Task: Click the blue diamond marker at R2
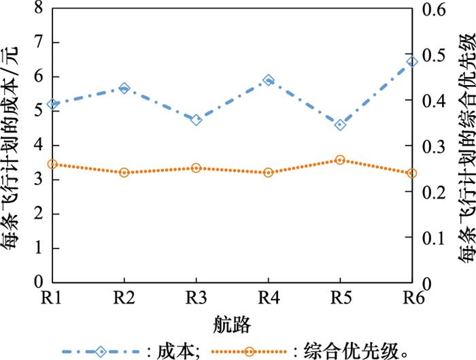(124, 88)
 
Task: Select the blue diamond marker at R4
(269, 80)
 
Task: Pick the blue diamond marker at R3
(197, 120)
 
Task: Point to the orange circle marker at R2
(124, 173)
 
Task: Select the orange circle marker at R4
(269, 173)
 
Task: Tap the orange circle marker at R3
(197, 168)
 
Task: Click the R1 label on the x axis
(52, 298)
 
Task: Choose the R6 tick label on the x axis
(411, 298)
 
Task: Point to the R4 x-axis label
(269, 298)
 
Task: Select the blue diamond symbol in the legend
(101, 351)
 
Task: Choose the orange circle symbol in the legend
(252, 351)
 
